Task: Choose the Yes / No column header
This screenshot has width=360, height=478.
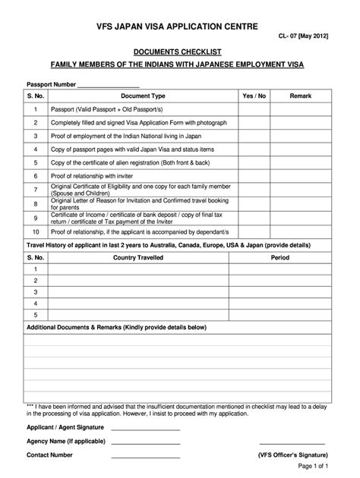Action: click(x=254, y=97)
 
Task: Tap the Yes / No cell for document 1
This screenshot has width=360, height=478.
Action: click(x=254, y=110)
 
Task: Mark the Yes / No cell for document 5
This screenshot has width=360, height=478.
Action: click(x=254, y=162)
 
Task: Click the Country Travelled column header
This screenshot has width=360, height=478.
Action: click(x=135, y=258)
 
